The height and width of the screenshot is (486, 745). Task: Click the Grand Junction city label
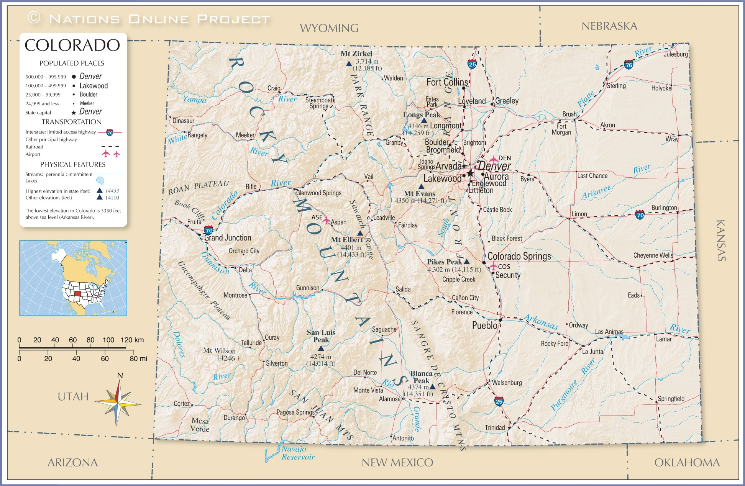[228, 238]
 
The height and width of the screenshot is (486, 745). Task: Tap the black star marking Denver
[470, 173]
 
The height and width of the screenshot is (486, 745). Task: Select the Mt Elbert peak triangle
[360, 233]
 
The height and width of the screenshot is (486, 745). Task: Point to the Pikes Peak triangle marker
[466, 262]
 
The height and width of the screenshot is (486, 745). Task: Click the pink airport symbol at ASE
[326, 221]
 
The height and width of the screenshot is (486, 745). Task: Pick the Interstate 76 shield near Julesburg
[628, 65]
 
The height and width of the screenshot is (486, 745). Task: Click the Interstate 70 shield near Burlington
[640, 215]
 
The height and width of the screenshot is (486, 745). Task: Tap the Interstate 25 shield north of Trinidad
[499, 401]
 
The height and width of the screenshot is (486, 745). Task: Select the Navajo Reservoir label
[297, 453]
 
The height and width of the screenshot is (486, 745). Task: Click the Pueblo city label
[484, 326]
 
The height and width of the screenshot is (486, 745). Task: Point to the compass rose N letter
[120, 376]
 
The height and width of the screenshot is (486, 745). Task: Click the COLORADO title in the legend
[72, 45]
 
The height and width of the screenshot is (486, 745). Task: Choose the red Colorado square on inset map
[77, 294]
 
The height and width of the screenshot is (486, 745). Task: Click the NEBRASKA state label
[609, 26]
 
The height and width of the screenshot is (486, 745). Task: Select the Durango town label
[234, 418]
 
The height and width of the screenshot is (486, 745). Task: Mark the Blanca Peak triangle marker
[432, 387]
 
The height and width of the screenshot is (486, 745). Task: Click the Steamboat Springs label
[319, 103]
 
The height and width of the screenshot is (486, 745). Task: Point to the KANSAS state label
[721, 241]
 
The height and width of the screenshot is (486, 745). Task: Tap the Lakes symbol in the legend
[100, 180]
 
